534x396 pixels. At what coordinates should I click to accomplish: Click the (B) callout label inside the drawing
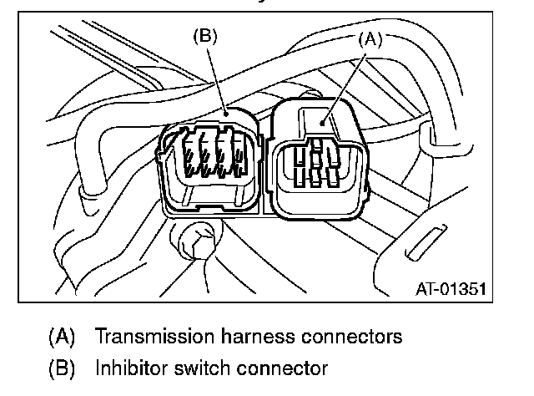click(x=204, y=37)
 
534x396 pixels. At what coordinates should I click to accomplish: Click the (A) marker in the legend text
click(x=63, y=338)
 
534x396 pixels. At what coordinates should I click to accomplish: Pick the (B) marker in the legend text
click(x=63, y=368)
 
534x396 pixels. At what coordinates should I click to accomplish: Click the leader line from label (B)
click(x=218, y=79)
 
